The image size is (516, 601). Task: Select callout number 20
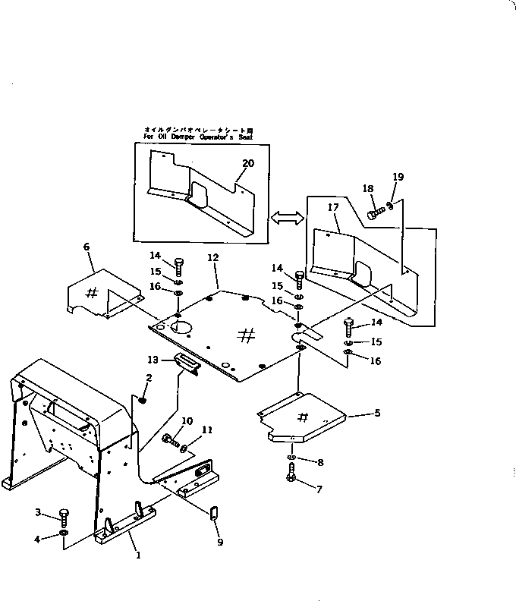(x=248, y=163)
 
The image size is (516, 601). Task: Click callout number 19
(x=398, y=177)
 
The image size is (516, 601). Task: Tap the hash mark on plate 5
(x=302, y=417)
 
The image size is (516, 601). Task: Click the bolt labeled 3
(x=64, y=519)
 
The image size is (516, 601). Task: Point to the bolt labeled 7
(x=291, y=476)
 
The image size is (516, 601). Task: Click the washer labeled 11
(x=186, y=449)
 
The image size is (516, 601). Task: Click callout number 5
(x=377, y=414)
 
